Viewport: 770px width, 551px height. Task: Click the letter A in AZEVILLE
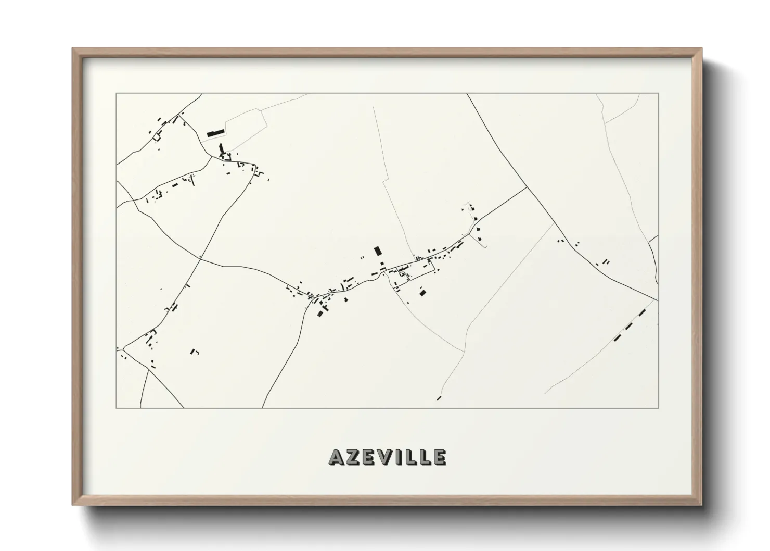(336, 457)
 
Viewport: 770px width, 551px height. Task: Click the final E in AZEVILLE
(439, 457)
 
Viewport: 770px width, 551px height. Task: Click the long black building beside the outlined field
(215, 133)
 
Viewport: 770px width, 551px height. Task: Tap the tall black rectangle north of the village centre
(378, 251)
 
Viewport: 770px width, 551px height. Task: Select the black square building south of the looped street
(423, 293)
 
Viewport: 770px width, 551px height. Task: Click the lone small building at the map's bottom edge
(439, 398)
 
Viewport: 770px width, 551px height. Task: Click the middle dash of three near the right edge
(629, 327)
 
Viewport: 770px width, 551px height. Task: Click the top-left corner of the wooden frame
(73, 49)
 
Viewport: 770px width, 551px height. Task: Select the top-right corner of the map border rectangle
(659, 94)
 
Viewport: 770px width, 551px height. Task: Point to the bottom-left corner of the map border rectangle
(117, 408)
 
